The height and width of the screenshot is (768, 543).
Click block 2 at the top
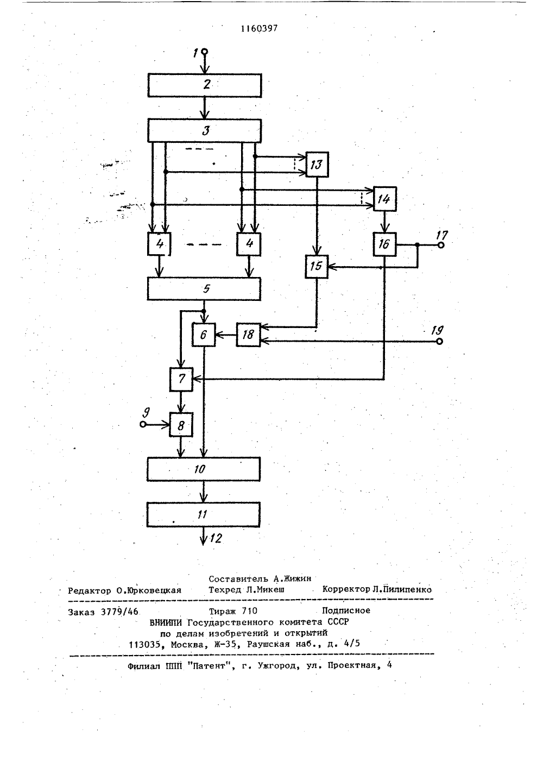pos(205,85)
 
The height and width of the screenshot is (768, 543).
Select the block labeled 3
pos(205,131)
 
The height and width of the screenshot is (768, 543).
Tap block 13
pos(317,165)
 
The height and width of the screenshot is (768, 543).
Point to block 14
pos(384,199)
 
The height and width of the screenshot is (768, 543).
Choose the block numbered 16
pos(384,244)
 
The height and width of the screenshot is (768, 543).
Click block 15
pos(317,266)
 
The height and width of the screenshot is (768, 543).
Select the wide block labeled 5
pos(204,289)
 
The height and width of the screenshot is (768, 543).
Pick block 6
pos(204,335)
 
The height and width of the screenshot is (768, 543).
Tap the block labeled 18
pos(249,335)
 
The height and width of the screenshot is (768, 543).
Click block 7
pos(181,380)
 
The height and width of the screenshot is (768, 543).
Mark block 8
pos(181,425)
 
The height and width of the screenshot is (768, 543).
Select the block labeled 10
pos(204,469)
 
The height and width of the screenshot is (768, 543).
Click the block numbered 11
pos(203,515)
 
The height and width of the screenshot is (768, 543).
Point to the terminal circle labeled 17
pos(441,245)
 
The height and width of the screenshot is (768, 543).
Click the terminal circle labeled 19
pos(440,341)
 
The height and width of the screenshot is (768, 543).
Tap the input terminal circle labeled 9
pos(143,424)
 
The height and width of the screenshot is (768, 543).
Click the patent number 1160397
pos(259,29)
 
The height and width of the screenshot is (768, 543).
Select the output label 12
pos(216,538)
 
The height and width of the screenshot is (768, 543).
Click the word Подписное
pos(346,610)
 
